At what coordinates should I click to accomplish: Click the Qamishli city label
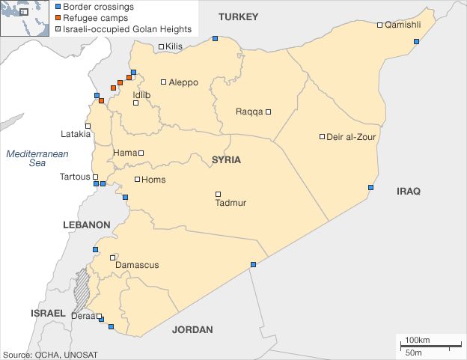coord(403,25)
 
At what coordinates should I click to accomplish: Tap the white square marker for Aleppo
coord(164,82)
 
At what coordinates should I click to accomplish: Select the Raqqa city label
coord(249,112)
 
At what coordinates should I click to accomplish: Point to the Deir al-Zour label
coord(352,137)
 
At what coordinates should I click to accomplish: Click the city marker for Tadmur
coord(219,194)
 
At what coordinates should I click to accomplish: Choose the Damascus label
coord(137,265)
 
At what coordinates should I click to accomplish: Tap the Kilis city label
coord(175,47)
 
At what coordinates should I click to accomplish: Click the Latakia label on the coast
coord(76,135)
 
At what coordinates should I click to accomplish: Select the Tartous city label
coord(74,177)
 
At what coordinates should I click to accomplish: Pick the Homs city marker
coord(137,180)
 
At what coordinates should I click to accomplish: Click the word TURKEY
coord(238,16)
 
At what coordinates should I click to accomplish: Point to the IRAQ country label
coord(409,192)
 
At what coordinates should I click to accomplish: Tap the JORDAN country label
coord(192,329)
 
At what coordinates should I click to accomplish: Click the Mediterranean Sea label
coord(37,158)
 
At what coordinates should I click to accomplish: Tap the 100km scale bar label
coord(417,341)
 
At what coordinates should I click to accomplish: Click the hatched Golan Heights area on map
coord(80,292)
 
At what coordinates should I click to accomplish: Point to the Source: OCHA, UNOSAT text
coord(50,354)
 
